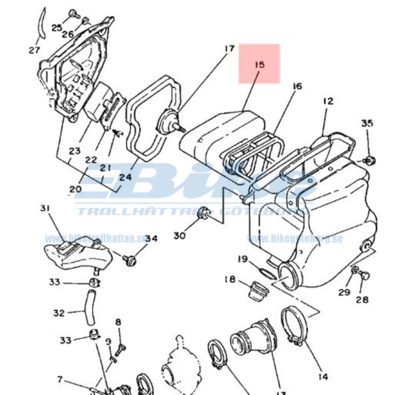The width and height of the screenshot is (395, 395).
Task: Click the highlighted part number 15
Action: (x=260, y=64)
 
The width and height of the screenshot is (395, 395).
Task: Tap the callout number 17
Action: (x=229, y=49)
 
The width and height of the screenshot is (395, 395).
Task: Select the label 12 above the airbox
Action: (x=328, y=101)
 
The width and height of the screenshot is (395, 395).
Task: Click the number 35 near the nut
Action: (x=367, y=123)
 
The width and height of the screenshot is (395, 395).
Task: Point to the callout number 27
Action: (x=34, y=50)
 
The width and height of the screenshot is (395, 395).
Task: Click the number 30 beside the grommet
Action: (x=179, y=236)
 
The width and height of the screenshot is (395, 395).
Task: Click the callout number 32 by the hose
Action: (x=59, y=313)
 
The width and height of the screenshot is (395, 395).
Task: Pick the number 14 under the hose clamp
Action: (x=323, y=377)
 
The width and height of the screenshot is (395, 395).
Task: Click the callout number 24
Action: (x=125, y=177)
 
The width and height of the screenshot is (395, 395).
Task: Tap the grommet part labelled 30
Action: (x=202, y=214)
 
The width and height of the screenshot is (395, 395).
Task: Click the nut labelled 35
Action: (x=369, y=160)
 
